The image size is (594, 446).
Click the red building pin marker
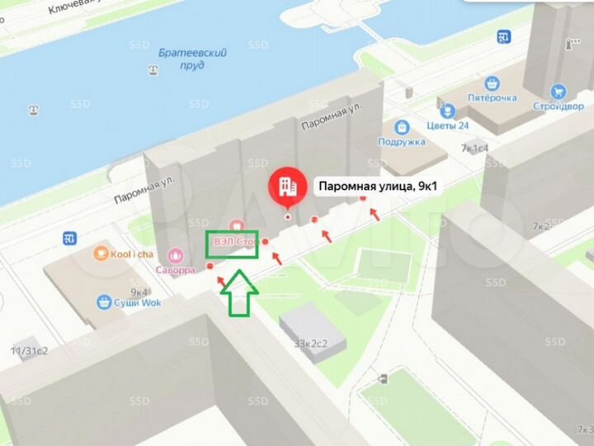[x=287, y=187]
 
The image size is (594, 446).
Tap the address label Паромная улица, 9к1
[x=377, y=187]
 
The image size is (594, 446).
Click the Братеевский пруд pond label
[x=181, y=58]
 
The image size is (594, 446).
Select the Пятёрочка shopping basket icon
[x=492, y=83]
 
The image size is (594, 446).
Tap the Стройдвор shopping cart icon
[x=559, y=93]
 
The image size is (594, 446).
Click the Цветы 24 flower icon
[x=446, y=111]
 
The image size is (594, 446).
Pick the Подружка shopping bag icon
[x=402, y=127]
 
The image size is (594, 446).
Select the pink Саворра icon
[x=175, y=256]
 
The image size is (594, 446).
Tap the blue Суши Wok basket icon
[x=104, y=302]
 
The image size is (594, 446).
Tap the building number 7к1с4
[x=475, y=149]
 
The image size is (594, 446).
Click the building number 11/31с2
[x=29, y=351]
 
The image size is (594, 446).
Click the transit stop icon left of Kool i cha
[x=69, y=239]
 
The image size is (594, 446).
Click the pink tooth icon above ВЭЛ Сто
[x=236, y=224]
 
